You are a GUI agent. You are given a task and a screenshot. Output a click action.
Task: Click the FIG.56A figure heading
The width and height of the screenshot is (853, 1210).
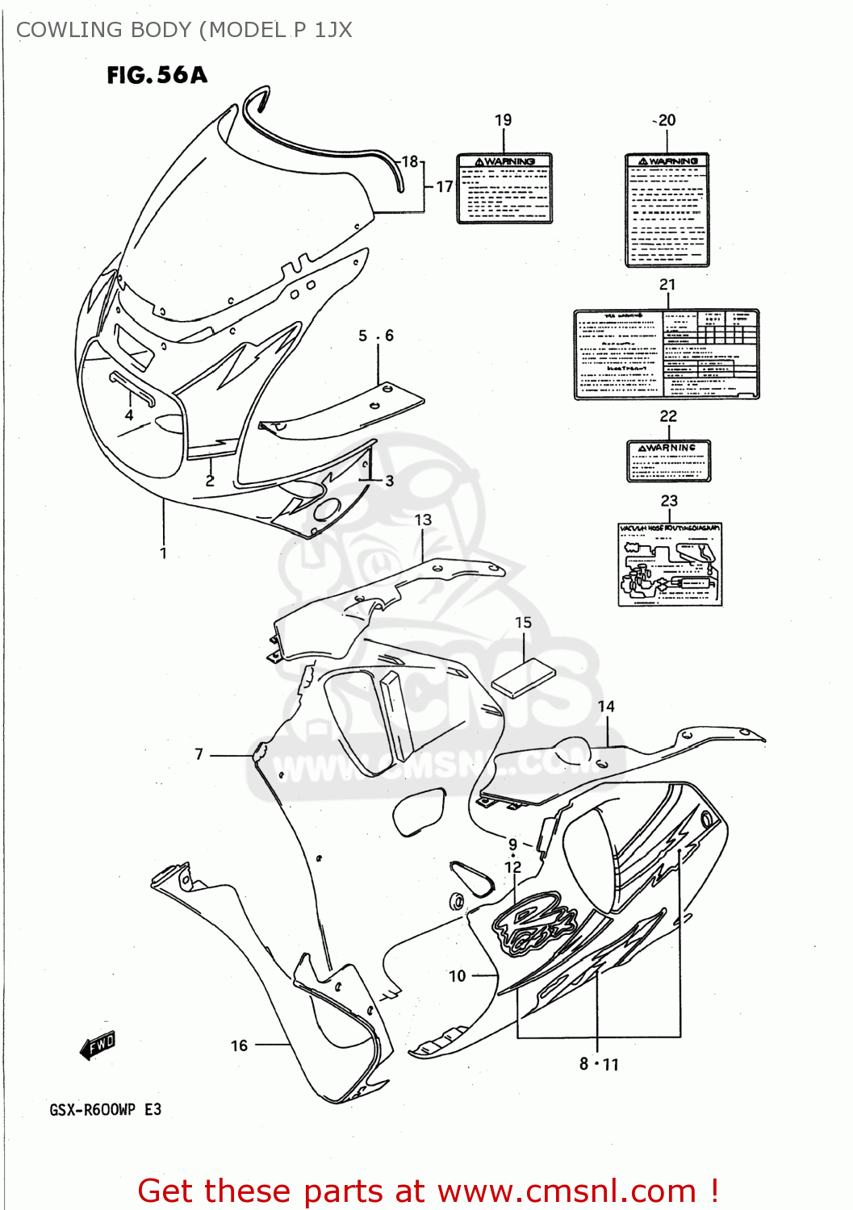tap(157, 75)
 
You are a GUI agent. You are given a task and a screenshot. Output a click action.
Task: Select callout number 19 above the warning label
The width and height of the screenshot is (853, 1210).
tap(503, 120)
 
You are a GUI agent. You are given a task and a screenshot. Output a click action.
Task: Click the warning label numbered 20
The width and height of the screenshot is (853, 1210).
tap(667, 210)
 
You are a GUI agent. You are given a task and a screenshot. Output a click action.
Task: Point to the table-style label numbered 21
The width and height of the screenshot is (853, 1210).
tap(666, 354)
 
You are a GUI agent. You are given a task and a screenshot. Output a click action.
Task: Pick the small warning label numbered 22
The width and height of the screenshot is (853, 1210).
tap(668, 461)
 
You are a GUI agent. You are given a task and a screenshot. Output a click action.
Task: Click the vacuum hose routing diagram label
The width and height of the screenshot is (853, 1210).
tap(670, 564)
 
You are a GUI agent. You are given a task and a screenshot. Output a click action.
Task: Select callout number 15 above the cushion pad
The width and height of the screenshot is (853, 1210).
tap(523, 623)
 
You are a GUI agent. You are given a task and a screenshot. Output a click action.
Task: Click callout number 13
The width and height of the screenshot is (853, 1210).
tap(423, 520)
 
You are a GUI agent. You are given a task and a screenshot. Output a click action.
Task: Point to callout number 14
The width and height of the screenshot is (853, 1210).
tap(606, 707)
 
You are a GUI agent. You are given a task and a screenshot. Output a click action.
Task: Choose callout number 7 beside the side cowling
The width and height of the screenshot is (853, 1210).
tap(199, 754)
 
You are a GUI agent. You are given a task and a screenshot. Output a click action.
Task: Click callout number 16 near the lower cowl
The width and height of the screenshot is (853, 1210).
tap(239, 1045)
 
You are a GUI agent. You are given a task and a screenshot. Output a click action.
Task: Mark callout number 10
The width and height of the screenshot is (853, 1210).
tap(458, 976)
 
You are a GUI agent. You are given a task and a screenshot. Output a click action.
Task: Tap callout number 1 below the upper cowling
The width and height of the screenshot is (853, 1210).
tap(163, 553)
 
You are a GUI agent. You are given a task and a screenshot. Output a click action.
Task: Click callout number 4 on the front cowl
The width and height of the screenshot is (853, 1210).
tap(129, 415)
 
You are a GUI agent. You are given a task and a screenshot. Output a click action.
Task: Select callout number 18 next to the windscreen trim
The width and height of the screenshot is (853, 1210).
tap(410, 161)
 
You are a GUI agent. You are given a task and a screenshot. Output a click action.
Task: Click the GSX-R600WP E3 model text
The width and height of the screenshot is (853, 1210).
tap(105, 1110)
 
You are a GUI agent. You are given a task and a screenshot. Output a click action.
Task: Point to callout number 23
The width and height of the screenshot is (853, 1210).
tap(669, 501)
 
